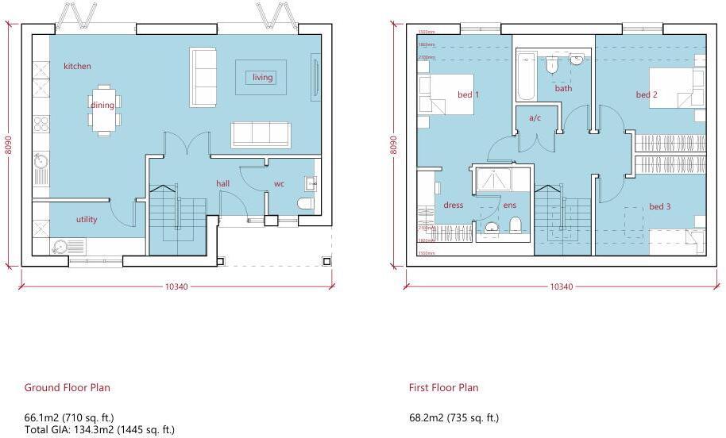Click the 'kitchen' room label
[x=77, y=67]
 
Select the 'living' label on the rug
[x=262, y=78]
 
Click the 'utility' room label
[x=87, y=220]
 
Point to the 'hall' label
[x=223, y=184]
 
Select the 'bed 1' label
[x=469, y=95]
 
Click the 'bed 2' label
[x=647, y=95]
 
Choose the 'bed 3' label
[x=659, y=207]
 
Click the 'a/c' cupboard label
[x=535, y=118]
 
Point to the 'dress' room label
[x=453, y=206]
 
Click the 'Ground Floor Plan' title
[x=67, y=388]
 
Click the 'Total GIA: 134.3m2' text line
[x=99, y=430]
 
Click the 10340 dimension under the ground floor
[x=176, y=286]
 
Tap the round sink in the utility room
[x=59, y=245]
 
